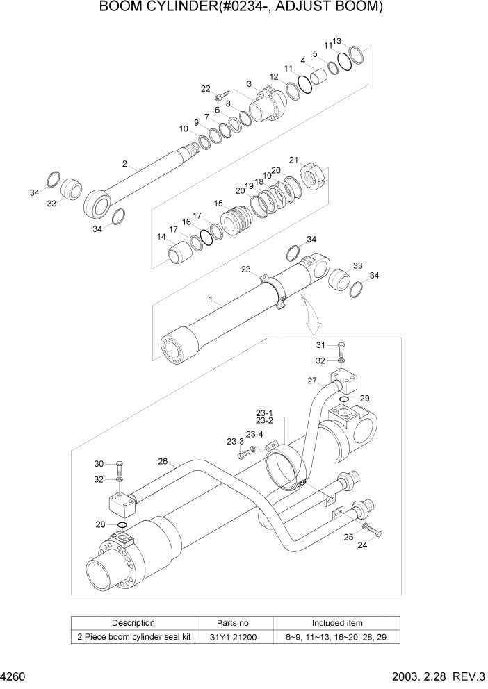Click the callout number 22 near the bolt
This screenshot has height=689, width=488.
[x=205, y=88]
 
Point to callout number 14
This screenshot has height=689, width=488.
[x=161, y=237]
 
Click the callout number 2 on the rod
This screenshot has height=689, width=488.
[x=124, y=165]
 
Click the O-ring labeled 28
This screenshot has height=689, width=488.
[x=123, y=524]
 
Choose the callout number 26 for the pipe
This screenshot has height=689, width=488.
[x=163, y=460]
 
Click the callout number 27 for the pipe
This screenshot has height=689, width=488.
[x=313, y=381]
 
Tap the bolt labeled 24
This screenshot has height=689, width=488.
[x=375, y=531]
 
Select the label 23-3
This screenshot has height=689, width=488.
[x=234, y=441]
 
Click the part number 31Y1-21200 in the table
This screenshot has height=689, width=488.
[x=230, y=636]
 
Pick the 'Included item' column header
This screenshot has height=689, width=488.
[x=336, y=623]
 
